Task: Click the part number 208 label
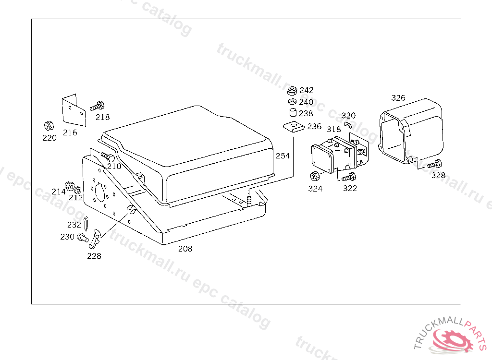click(185, 249)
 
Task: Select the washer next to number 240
click(291, 102)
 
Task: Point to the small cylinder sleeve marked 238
click(292, 113)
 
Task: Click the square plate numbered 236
click(293, 126)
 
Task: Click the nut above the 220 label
click(48, 126)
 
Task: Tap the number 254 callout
click(283, 156)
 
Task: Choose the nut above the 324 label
click(315, 176)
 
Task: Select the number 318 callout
click(333, 129)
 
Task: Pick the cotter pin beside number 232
click(86, 222)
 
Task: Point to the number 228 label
click(94, 256)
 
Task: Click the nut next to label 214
click(69, 185)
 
